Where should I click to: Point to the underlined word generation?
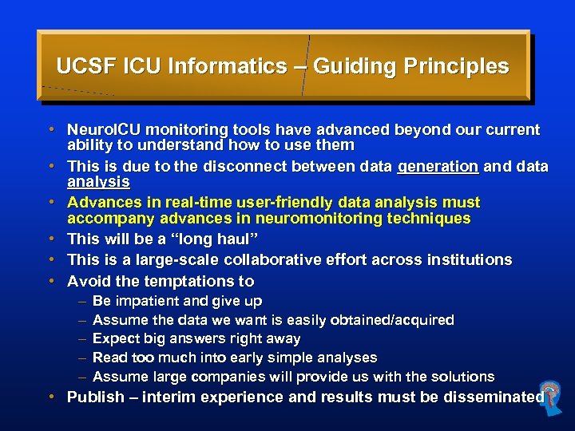pyautogui.click(x=438, y=166)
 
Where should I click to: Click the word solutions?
pyautogui.click(x=463, y=377)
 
